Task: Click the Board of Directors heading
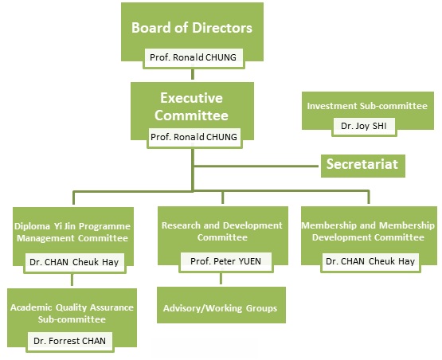192,28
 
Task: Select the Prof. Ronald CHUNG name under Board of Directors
194,57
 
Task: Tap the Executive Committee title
191,107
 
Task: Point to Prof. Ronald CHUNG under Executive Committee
194,137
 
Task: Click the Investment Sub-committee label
367,106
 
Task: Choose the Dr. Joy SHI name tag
364,126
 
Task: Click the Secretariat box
363,166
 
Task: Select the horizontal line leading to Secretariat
256,166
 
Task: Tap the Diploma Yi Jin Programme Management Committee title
72,232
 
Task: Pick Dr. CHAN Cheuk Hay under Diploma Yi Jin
74,263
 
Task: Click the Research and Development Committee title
222,231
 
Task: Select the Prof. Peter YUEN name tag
226,261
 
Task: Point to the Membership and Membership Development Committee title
368,231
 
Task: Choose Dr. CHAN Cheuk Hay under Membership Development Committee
370,261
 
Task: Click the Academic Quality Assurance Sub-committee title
72,313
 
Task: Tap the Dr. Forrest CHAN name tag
69,341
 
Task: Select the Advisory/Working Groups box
221,305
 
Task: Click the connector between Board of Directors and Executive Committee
193,74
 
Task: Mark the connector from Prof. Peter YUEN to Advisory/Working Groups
221,278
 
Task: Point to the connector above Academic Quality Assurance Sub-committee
72,280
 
